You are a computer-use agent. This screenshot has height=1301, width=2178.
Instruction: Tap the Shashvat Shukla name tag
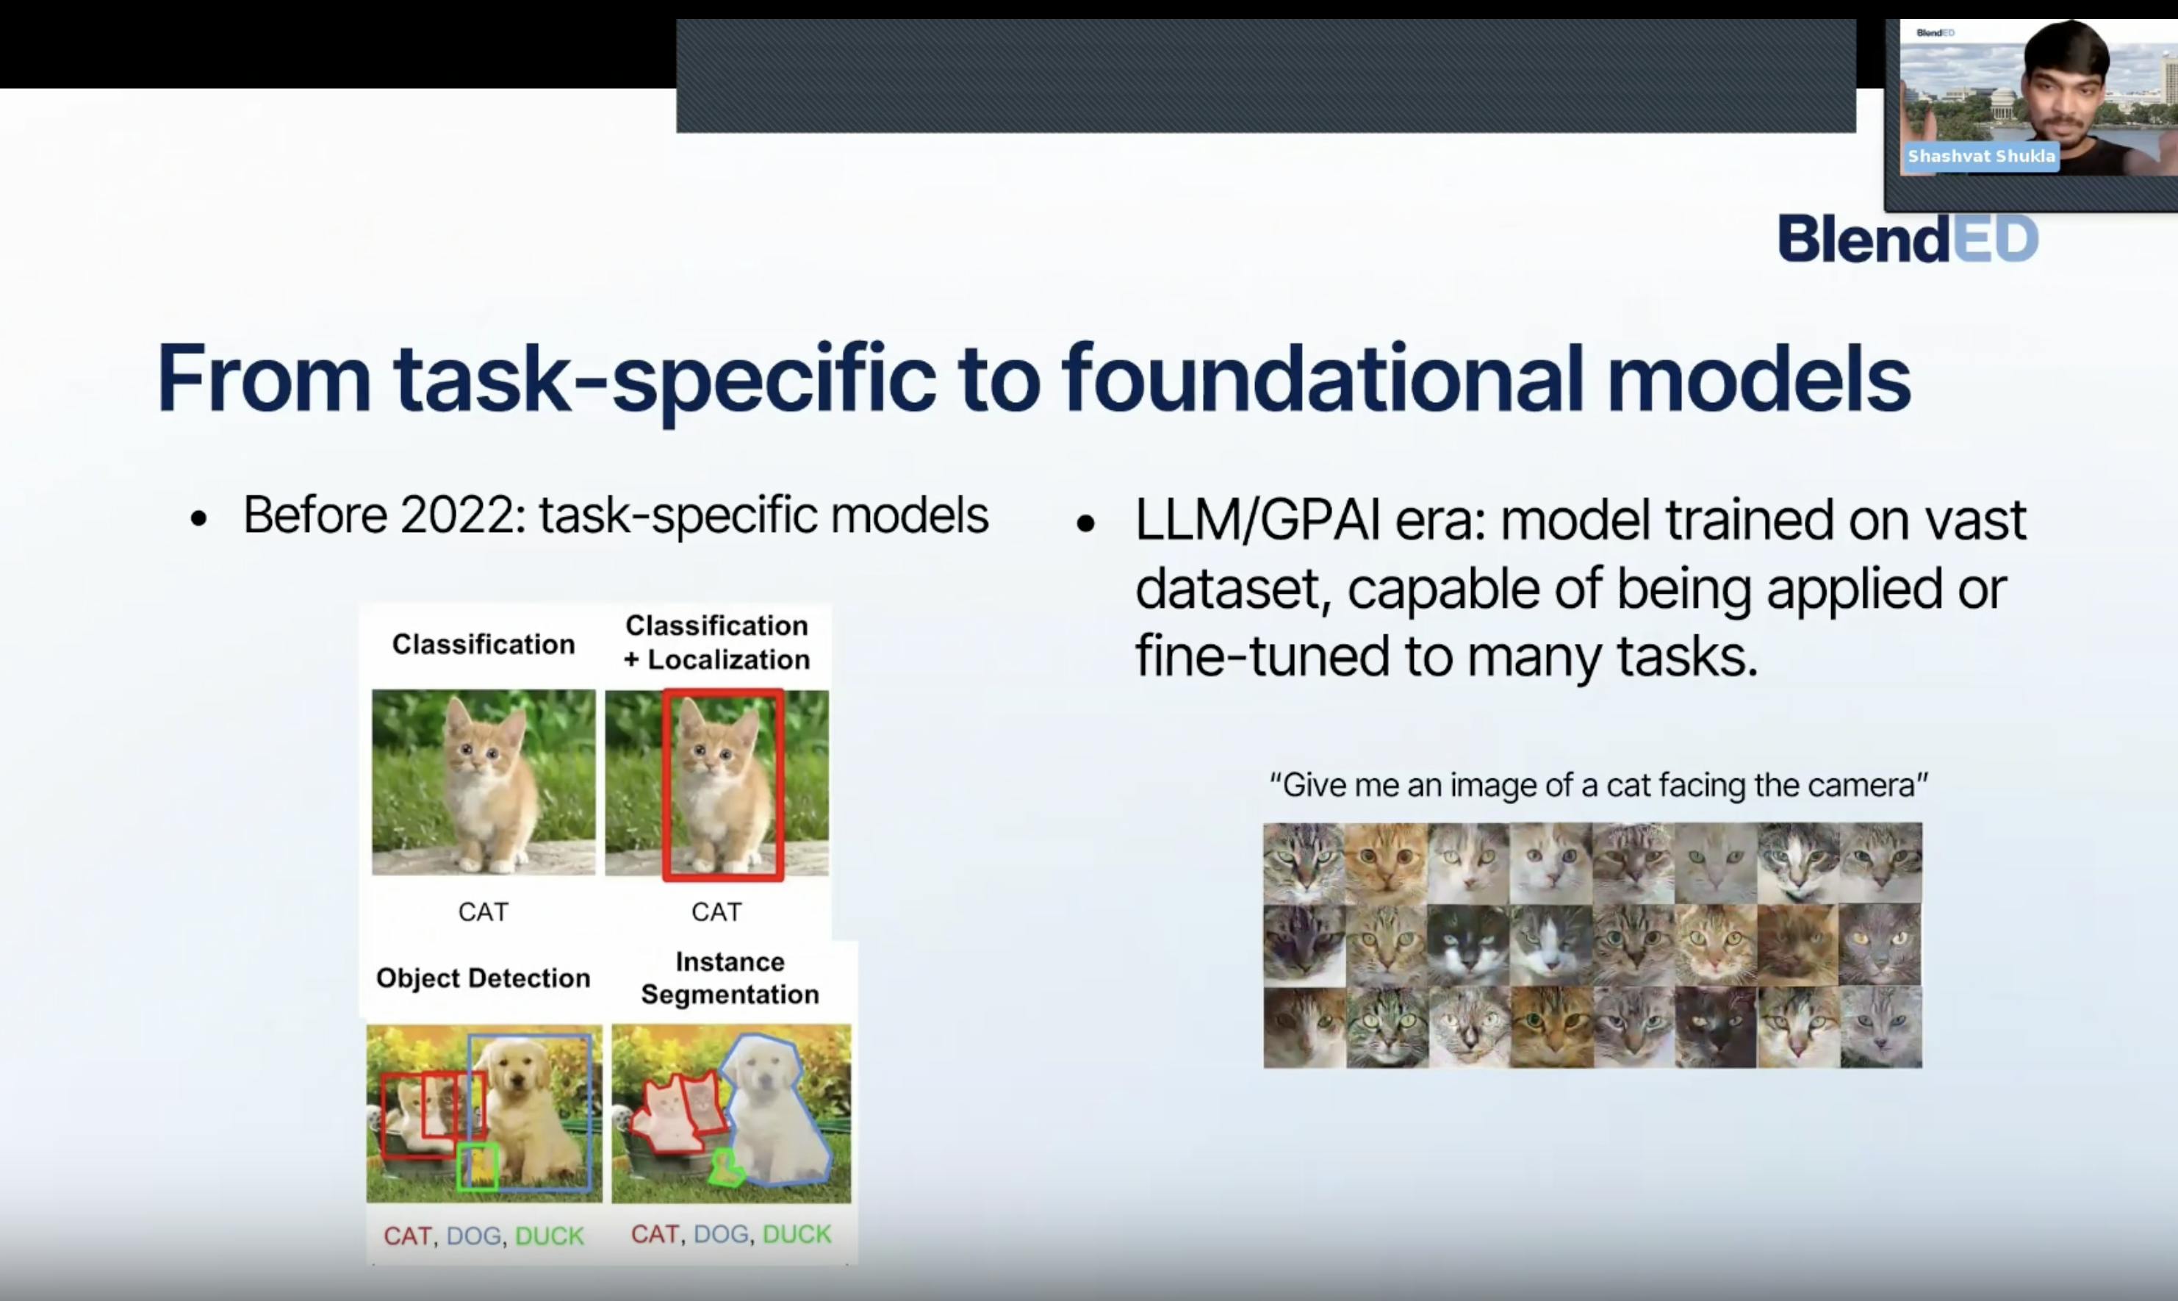[1981, 157]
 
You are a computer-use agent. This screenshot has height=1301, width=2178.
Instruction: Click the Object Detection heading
[483, 978]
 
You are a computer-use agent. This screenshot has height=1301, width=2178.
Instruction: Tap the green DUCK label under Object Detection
[550, 1236]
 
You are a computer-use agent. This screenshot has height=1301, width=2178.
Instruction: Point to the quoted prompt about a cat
[1600, 784]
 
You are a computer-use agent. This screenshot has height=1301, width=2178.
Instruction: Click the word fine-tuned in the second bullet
[1262, 658]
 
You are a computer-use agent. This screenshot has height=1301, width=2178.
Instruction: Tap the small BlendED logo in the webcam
[1936, 33]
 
